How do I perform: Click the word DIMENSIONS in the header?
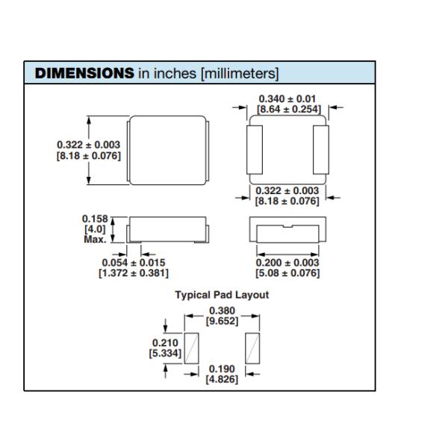tap(84, 73)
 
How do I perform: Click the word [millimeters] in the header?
tap(239, 73)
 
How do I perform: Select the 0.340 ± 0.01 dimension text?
tap(288, 99)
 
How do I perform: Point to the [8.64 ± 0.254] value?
tap(288, 110)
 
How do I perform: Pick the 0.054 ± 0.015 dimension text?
tap(134, 263)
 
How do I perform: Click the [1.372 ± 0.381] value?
tap(134, 273)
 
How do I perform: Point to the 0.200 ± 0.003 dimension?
tap(287, 263)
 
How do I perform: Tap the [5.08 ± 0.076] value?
tap(287, 273)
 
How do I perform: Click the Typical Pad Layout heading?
tap(222, 295)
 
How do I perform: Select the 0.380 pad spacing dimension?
tap(222, 311)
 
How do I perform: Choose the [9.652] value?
tap(222, 322)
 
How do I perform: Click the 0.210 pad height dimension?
tap(166, 342)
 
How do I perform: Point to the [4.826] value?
tap(222, 380)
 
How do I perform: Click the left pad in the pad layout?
tap(192, 348)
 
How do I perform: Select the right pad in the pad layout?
tap(252, 348)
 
